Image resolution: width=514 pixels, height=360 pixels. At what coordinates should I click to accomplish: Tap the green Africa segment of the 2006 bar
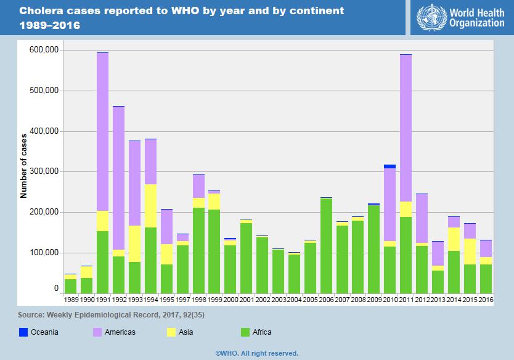pyautogui.click(x=326, y=246)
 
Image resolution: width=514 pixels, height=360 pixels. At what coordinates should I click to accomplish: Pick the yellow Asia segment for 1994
pyautogui.click(x=150, y=206)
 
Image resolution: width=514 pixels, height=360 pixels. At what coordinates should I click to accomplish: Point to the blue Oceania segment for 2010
pyautogui.click(x=390, y=166)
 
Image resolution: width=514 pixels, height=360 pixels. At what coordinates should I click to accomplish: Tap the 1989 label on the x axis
pyautogui.click(x=71, y=299)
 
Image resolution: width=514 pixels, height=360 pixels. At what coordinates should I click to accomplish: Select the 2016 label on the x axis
pyautogui.click(x=486, y=299)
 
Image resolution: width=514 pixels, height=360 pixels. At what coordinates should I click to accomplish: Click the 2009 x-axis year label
pyautogui.click(x=374, y=299)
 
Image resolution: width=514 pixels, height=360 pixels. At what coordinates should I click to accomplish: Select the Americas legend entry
pyautogui.click(x=120, y=332)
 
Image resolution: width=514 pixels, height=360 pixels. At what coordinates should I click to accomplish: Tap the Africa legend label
pyautogui.click(x=262, y=332)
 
